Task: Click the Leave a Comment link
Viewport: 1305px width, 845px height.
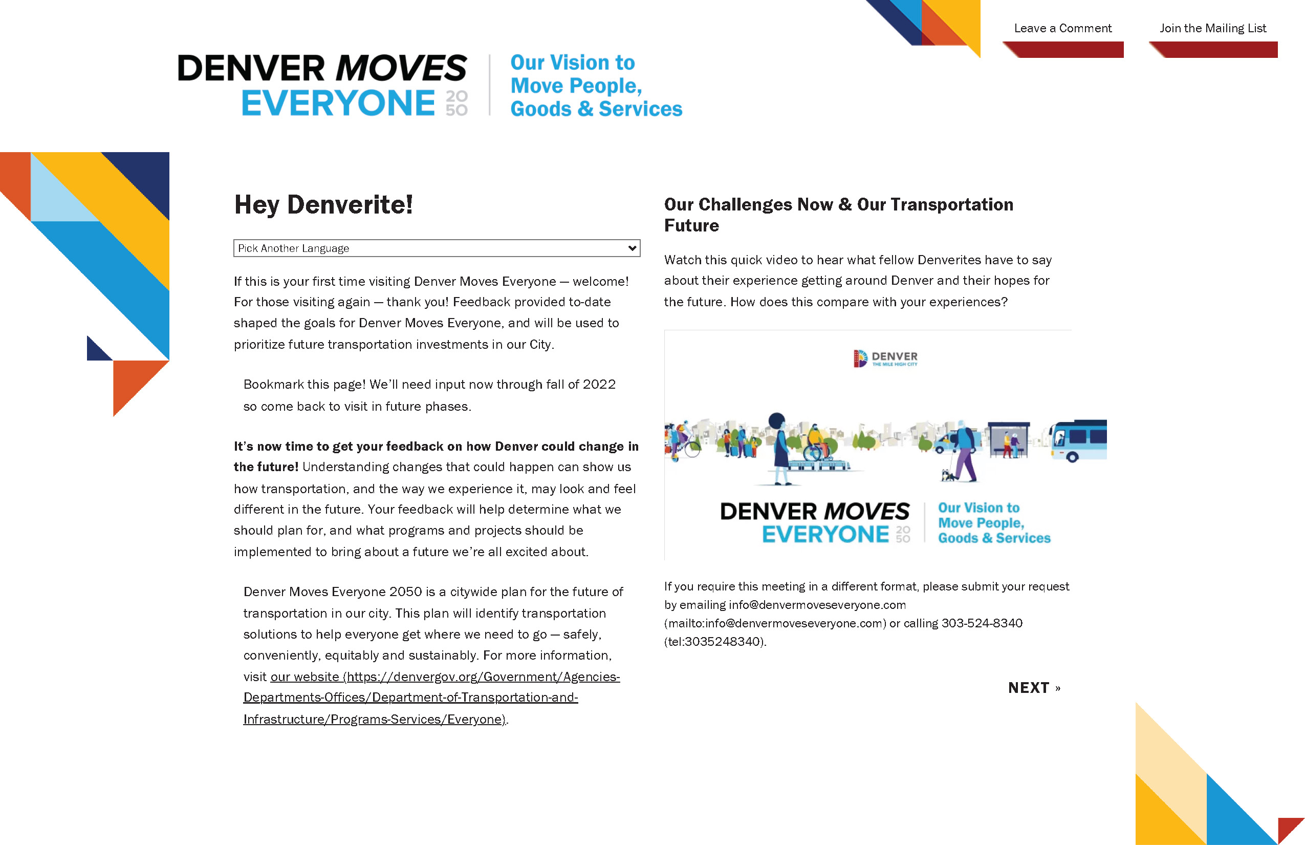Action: click(x=1062, y=29)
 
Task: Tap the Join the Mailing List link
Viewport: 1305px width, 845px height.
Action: click(x=1212, y=29)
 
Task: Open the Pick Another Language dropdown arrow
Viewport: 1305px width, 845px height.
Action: click(x=632, y=248)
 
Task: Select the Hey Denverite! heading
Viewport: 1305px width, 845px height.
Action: click(x=323, y=205)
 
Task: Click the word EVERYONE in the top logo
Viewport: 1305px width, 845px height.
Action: click(x=338, y=103)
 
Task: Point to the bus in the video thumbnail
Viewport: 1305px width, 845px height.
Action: click(x=1078, y=440)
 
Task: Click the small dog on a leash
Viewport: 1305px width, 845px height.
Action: click(x=946, y=475)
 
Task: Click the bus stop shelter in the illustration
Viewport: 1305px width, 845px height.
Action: click(x=1008, y=439)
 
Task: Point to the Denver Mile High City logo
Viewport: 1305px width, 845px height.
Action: click(x=885, y=358)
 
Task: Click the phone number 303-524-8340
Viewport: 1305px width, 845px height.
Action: click(x=982, y=623)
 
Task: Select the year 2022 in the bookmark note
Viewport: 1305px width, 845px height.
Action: click(x=599, y=385)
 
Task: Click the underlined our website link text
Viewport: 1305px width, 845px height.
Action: click(x=304, y=677)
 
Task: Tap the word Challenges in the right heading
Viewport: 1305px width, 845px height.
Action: click(x=745, y=205)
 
